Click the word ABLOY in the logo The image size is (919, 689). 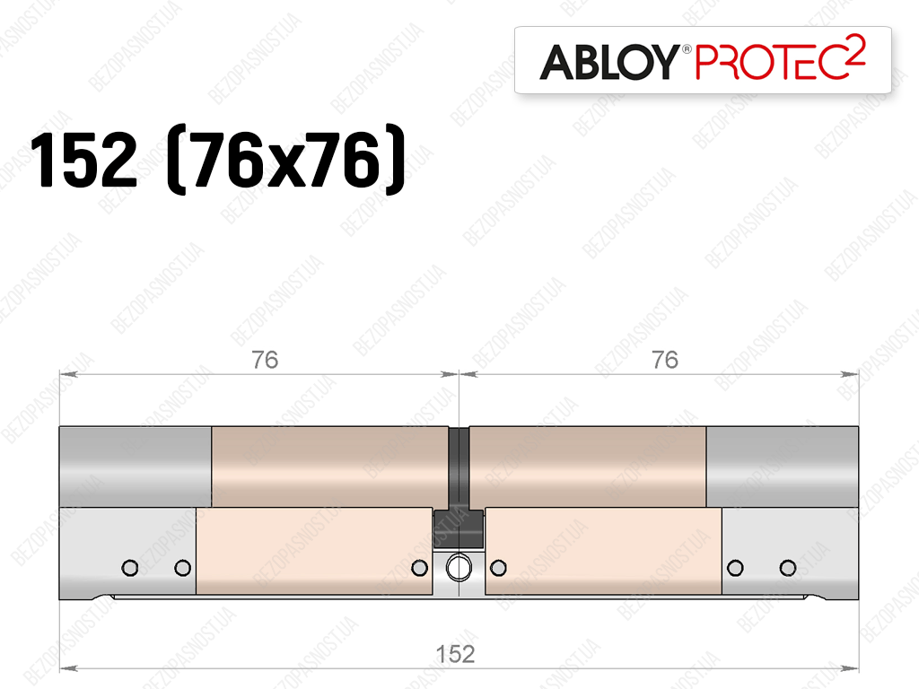pyautogui.click(x=609, y=62)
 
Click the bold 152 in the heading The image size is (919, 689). pyautogui.click(x=83, y=160)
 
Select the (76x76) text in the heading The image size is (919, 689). pyautogui.click(x=286, y=159)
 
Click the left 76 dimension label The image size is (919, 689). pyautogui.click(x=265, y=360)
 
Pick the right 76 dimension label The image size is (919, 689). pyautogui.click(x=665, y=360)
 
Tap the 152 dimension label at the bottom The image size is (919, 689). pyautogui.click(x=455, y=654)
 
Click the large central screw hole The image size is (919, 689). pyautogui.click(x=459, y=567)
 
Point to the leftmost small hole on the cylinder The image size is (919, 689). pyautogui.click(x=129, y=568)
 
